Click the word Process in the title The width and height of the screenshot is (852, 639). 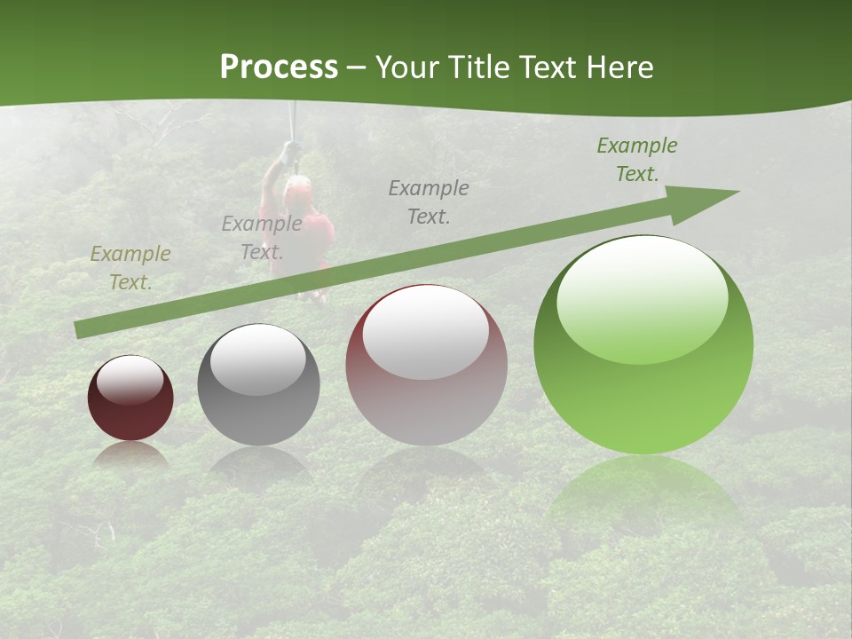(279, 67)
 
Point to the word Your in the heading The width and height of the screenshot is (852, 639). (409, 67)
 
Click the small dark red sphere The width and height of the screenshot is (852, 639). (130, 398)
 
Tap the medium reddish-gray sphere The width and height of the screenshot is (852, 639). (426, 366)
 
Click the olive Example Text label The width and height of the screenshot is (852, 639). (130, 267)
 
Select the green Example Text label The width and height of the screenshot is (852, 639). (637, 159)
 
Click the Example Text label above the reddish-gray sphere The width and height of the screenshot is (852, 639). (429, 201)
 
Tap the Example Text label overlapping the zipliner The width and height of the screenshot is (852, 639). (262, 237)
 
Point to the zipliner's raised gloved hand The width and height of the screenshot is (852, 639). (288, 153)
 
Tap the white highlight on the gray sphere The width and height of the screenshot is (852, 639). (257, 359)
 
